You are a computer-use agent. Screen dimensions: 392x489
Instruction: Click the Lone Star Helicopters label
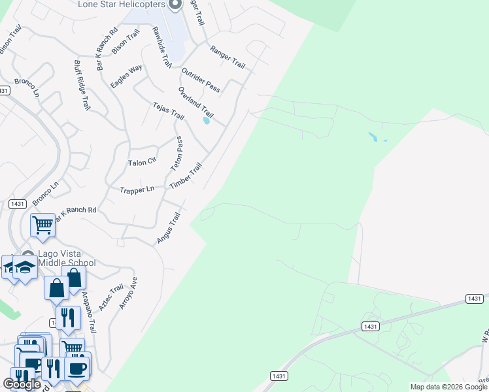coord(121,5)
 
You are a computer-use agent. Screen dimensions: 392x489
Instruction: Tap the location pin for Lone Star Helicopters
coord(175,5)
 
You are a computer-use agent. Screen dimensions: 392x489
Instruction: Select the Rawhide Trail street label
coord(161,48)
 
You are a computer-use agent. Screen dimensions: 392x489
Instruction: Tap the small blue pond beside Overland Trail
coord(207,120)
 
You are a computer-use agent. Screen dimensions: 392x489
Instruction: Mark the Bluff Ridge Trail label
coord(81,86)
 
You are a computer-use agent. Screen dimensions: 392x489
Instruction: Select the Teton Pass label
coord(177,154)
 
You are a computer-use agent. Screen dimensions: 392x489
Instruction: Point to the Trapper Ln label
coord(137,189)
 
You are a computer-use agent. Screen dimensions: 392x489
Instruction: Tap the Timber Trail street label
coord(186,176)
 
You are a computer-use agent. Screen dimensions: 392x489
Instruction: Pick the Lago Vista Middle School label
coord(67,259)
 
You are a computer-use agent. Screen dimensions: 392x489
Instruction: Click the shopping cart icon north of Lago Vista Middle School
coord(42,225)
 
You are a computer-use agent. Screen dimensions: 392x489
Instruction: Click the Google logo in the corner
coord(22,384)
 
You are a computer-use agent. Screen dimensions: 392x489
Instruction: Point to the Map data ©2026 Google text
coord(448,387)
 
